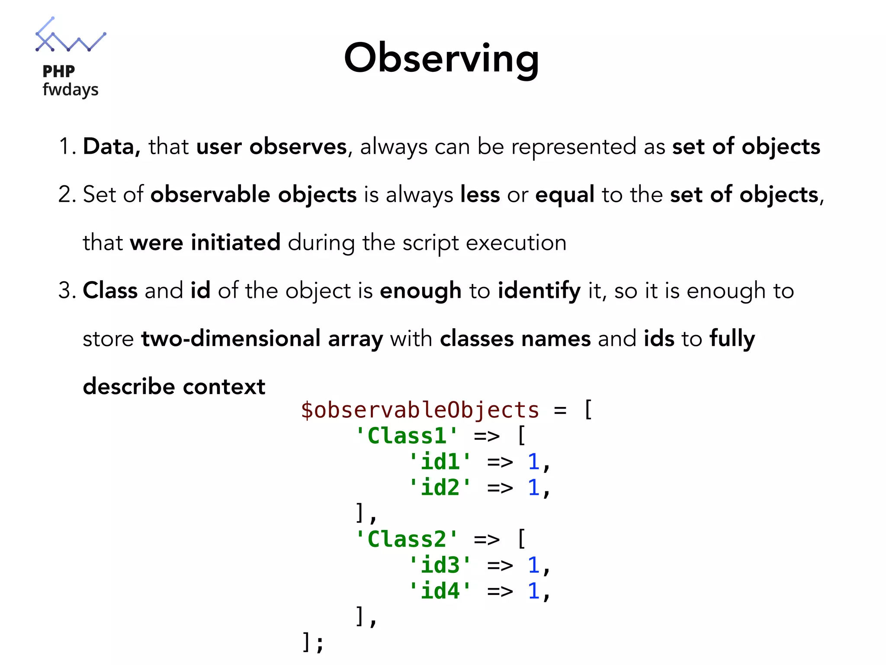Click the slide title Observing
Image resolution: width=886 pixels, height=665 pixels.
click(441, 58)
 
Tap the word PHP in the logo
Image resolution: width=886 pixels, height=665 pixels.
click(59, 71)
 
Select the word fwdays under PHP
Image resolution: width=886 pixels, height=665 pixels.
click(71, 90)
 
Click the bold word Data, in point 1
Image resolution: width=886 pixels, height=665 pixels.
click(112, 146)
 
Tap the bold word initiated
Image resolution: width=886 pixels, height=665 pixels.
click(235, 242)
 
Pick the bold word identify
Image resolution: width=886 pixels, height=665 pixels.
click(539, 291)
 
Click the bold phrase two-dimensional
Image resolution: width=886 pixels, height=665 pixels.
click(231, 338)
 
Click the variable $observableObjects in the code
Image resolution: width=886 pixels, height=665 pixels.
click(420, 410)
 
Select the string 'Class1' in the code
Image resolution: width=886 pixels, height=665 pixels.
click(406, 436)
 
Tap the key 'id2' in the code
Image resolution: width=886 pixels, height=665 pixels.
click(440, 487)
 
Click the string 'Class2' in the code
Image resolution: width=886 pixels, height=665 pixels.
click(406, 539)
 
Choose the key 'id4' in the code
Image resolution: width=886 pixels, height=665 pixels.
click(440, 591)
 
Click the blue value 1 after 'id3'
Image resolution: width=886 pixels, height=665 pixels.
click(533, 565)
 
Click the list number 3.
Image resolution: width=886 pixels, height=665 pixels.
click(65, 291)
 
